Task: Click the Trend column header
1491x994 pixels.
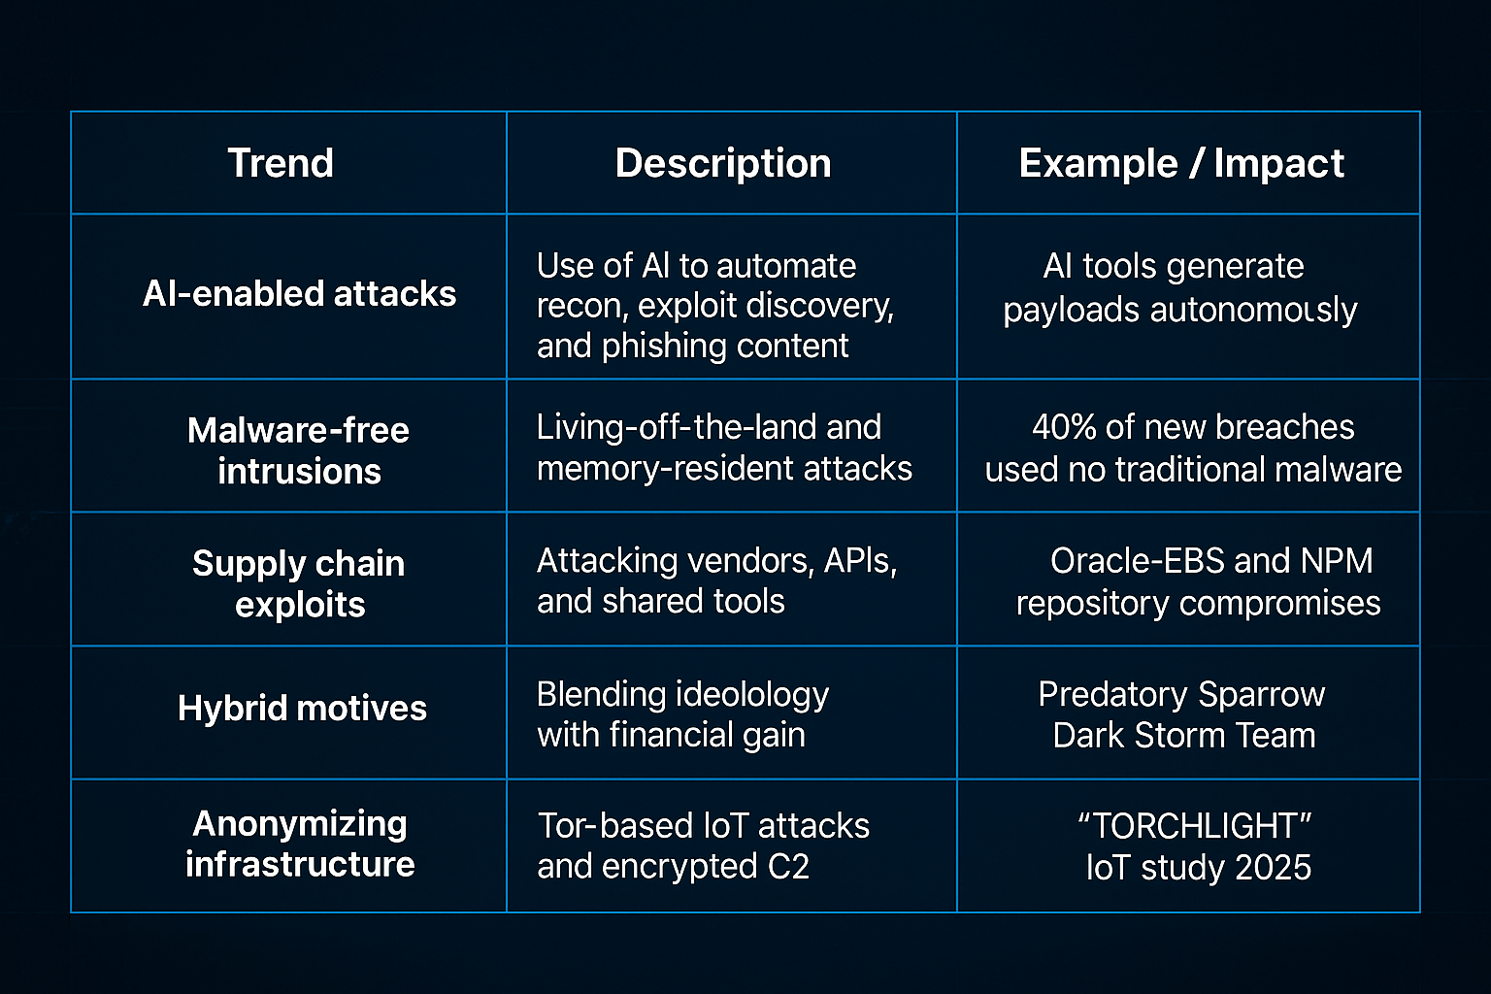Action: pos(281,163)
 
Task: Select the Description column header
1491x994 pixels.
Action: pos(723,163)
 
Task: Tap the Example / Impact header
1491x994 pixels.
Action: pos(1181,163)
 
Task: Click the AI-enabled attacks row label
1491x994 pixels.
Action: pos(299,293)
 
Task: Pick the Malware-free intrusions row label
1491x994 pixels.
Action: pos(299,450)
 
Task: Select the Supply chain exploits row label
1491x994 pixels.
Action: pos(299,583)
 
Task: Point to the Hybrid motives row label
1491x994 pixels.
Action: pos(302,709)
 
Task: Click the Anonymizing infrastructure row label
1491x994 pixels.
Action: pos(300,844)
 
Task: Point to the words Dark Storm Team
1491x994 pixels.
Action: pos(1184,736)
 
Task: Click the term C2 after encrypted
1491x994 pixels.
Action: pos(788,867)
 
